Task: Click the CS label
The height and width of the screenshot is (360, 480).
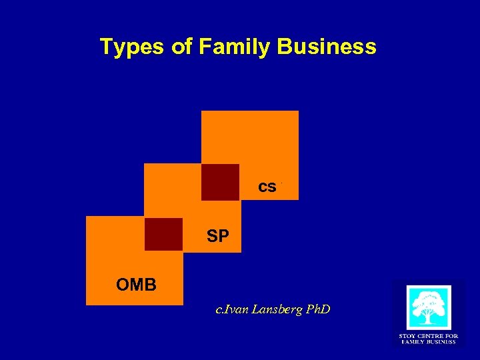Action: point(267,187)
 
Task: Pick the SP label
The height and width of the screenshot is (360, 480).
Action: point(218,237)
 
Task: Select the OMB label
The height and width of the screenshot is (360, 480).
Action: point(136,285)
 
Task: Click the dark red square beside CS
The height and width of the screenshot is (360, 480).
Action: point(220,181)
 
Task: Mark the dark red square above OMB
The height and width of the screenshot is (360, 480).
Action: point(163,234)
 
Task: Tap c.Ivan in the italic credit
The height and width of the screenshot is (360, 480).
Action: point(231,309)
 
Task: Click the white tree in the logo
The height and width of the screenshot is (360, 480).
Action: point(429,307)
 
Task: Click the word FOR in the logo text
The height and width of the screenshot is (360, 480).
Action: point(451,336)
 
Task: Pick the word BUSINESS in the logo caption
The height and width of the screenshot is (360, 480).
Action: point(442,342)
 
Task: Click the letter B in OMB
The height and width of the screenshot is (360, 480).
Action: point(151,285)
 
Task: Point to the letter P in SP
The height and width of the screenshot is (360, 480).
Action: point(223,237)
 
